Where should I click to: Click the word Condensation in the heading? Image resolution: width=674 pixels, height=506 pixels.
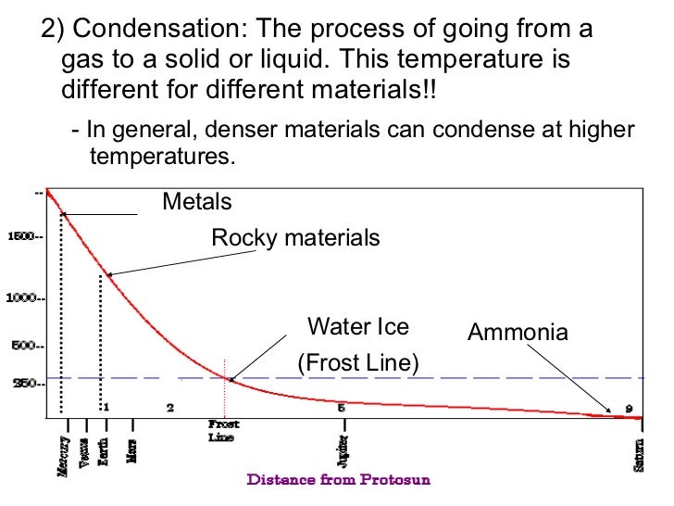(x=158, y=29)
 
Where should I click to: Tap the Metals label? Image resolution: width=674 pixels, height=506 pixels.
(x=197, y=201)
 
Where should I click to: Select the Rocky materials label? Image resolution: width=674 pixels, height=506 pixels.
(x=295, y=238)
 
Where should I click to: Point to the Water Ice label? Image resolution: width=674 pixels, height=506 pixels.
(x=357, y=327)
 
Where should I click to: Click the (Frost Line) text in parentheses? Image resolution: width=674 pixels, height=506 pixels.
(x=357, y=363)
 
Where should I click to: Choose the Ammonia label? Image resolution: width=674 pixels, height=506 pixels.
(x=518, y=333)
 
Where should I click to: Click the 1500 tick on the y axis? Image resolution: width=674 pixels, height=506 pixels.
(x=25, y=236)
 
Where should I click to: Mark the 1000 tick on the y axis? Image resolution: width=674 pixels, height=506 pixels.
(x=25, y=298)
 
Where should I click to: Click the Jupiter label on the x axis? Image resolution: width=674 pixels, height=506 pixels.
(x=343, y=453)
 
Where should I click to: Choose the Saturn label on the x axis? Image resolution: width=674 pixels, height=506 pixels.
(x=639, y=454)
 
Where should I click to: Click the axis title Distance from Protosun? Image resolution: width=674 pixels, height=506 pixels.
(x=338, y=480)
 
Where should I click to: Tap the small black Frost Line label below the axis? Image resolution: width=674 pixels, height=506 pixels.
(x=221, y=430)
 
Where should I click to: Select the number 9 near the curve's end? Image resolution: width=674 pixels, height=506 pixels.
(x=629, y=408)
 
